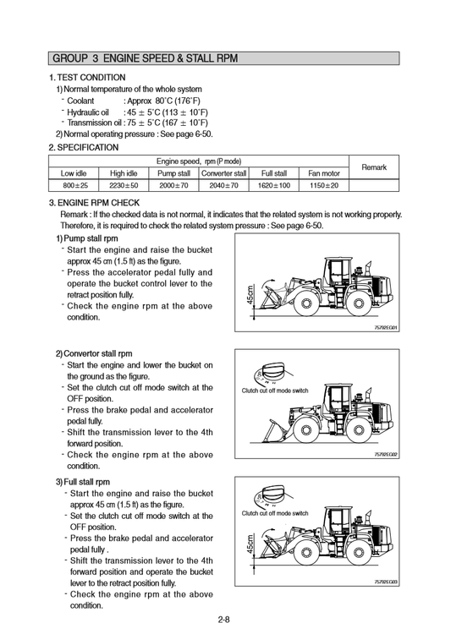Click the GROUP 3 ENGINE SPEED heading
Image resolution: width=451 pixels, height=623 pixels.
146,58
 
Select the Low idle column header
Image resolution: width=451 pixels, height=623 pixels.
74,173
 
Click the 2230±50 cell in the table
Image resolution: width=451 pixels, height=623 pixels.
124,185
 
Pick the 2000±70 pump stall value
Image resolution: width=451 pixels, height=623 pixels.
173,185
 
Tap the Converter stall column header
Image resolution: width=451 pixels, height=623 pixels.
224,173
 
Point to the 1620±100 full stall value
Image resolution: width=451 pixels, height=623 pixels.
274,185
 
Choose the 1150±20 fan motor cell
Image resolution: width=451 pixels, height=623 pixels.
324,185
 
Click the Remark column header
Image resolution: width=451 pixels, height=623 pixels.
374,167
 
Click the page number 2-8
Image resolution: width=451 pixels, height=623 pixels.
224,619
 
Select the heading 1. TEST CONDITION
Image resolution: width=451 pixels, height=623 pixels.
87,78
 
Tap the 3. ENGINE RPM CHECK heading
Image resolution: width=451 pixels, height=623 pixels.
94,203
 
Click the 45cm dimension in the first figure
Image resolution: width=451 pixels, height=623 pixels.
250,295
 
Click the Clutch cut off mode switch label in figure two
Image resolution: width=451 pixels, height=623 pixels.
275,391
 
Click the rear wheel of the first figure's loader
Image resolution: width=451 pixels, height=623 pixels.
359,304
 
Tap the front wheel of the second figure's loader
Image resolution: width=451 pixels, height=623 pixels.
305,430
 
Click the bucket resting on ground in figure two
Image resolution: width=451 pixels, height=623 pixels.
272,431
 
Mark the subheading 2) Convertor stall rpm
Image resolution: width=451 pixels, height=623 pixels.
94,353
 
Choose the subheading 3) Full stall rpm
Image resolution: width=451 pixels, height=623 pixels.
83,482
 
